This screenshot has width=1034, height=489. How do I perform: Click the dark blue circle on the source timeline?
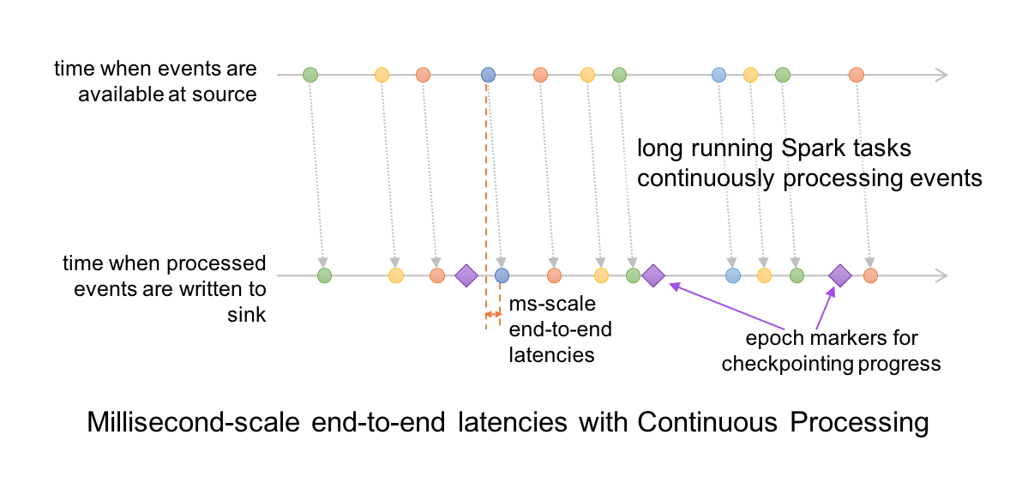click(x=488, y=75)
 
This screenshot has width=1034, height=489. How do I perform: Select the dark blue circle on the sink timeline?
click(x=502, y=275)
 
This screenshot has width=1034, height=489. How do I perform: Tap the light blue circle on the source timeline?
click(x=719, y=75)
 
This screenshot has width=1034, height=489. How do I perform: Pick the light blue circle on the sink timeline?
click(x=733, y=275)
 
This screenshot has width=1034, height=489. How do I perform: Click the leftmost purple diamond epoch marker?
click(x=466, y=275)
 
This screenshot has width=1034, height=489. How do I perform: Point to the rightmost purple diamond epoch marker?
click(x=839, y=275)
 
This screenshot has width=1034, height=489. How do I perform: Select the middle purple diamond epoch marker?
click(x=653, y=275)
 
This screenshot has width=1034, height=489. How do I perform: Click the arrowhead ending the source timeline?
click(x=941, y=75)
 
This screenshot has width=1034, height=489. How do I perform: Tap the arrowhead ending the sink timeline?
click(x=941, y=275)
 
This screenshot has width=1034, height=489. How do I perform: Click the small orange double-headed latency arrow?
click(x=493, y=316)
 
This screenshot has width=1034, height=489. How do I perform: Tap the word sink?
click(x=248, y=315)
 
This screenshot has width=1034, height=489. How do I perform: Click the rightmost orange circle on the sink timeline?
click(x=871, y=275)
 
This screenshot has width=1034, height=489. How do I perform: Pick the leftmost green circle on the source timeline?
click(x=310, y=75)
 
